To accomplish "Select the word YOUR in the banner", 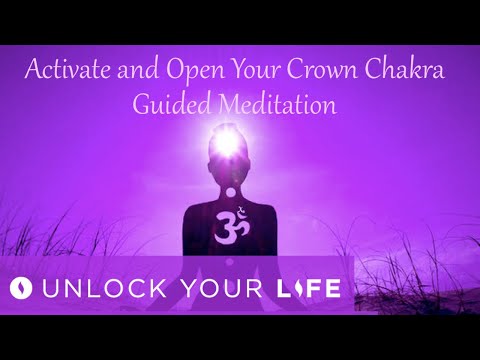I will [218, 289].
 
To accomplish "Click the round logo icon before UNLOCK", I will [21, 289].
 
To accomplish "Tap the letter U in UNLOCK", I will [49, 289].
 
